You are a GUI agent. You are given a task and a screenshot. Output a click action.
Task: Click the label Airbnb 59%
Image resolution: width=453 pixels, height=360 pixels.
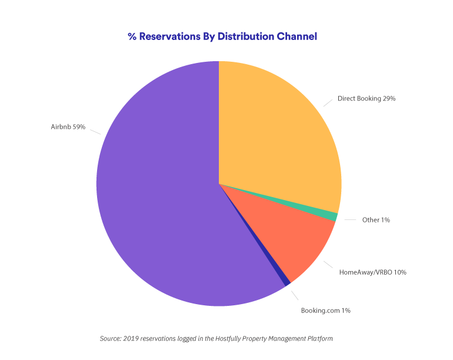click(x=68, y=126)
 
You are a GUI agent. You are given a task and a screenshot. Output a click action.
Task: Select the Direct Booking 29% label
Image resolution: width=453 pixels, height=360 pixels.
click(x=366, y=99)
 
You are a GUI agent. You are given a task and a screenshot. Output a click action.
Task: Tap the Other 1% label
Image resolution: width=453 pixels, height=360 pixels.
click(x=376, y=220)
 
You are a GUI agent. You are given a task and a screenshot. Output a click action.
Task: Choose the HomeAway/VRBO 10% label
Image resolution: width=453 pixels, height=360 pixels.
click(x=373, y=272)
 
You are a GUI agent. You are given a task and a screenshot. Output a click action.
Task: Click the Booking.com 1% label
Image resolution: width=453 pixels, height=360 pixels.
click(x=326, y=310)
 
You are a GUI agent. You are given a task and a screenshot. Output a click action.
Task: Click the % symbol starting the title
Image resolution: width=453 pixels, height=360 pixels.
click(x=132, y=36)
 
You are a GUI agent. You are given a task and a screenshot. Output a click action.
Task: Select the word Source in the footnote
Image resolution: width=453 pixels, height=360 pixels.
click(x=111, y=339)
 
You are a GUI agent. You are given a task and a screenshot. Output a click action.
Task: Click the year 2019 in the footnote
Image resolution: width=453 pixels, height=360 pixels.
click(x=134, y=339)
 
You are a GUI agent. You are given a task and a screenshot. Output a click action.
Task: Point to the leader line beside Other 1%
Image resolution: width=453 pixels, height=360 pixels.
click(x=350, y=220)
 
